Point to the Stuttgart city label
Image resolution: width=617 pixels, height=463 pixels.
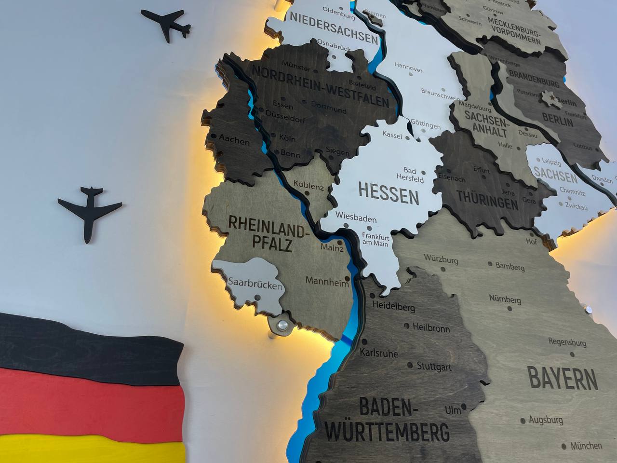click(x=434, y=367)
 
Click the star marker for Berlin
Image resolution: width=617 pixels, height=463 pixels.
click(x=550, y=98)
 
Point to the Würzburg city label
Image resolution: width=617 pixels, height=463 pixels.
click(x=441, y=259)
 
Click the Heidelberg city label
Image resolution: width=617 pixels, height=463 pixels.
click(x=393, y=306)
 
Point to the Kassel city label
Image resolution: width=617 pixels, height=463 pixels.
click(x=392, y=136)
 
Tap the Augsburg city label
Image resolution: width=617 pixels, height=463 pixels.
click(x=546, y=420)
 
